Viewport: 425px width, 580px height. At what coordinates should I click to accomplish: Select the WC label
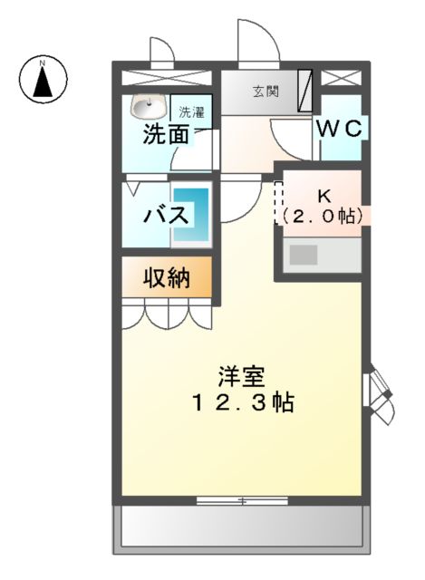339,130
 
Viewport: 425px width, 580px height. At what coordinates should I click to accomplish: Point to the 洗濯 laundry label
191,112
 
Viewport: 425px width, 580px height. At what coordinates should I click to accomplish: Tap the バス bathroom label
167,216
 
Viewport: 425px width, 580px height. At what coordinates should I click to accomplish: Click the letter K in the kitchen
323,196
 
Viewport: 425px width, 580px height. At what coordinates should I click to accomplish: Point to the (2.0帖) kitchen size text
323,216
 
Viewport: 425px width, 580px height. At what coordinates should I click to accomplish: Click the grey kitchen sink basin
304,255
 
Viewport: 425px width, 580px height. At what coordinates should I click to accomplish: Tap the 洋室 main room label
241,376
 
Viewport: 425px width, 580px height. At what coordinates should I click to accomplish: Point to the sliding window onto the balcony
241,500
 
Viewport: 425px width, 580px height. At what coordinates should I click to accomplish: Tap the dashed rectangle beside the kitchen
280,201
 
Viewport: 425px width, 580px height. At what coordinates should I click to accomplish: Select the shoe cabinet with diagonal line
304,91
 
